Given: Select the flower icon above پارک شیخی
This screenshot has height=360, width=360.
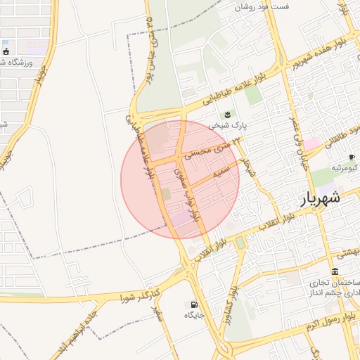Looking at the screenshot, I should point(227,115).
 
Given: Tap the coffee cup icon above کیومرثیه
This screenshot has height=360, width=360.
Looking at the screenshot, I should point(352,157).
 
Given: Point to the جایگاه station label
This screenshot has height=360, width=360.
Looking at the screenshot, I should point(194,316).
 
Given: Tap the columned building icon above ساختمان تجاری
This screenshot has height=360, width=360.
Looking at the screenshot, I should point(334,271).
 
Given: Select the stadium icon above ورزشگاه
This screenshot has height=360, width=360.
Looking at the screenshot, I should point(6,51).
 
